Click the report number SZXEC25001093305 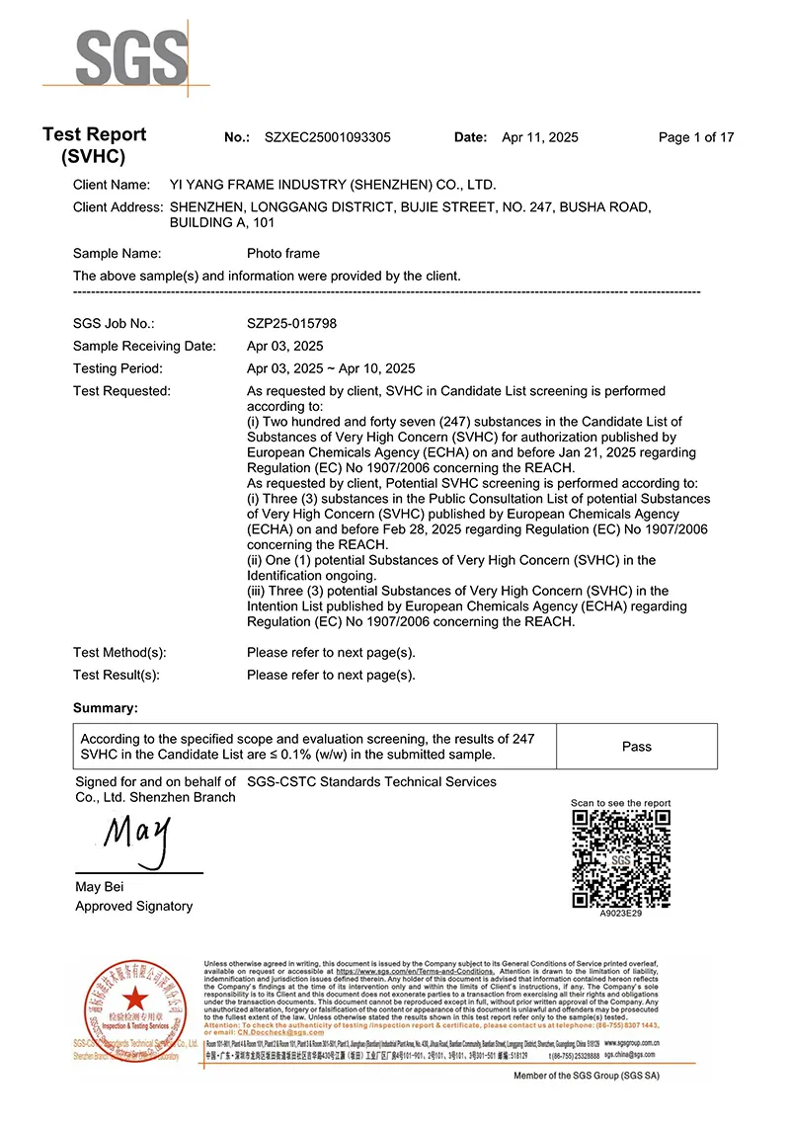327,137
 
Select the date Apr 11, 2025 540,137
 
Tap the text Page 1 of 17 696,137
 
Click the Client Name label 112,185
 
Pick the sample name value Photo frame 283,253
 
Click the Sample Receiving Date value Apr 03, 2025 284,346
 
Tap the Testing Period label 118,368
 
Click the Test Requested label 121,391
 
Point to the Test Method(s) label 119,652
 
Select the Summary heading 106,708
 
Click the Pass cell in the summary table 637,747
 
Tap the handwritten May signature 135,838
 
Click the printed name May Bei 100,886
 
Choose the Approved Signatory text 134,906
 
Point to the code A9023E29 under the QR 621,914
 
